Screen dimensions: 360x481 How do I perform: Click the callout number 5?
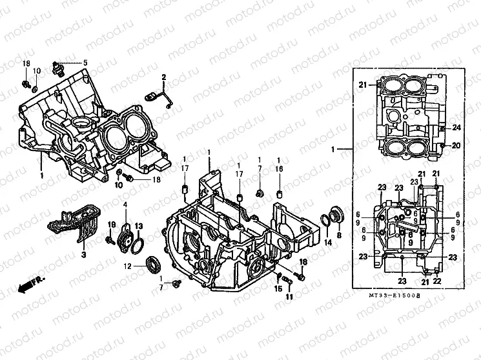point(85,63)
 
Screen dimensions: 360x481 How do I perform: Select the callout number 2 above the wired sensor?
point(164,77)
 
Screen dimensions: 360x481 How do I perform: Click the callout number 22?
point(437,281)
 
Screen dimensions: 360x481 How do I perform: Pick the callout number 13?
point(138,226)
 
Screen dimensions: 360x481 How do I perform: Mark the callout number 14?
point(327,243)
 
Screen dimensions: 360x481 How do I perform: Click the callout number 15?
point(279,288)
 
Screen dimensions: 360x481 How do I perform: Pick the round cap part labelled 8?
point(336,214)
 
